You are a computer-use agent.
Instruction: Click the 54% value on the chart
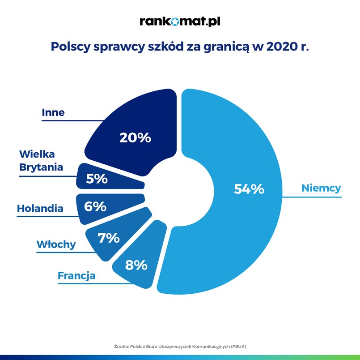pyautogui.click(x=249, y=189)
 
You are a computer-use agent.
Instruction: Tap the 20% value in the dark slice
pyautogui.click(x=135, y=137)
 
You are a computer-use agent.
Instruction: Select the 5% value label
pyautogui.click(x=97, y=179)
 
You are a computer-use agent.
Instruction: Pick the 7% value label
pyautogui.click(x=109, y=238)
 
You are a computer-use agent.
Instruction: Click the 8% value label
pyautogui.click(x=136, y=265)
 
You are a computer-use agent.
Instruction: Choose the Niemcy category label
pyautogui.click(x=321, y=188)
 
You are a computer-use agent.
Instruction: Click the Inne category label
pyautogui.click(x=53, y=112)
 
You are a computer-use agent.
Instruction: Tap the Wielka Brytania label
pyautogui.click(x=41, y=161)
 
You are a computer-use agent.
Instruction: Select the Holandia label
pyautogui.click(x=40, y=208)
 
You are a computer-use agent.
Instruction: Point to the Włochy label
pyautogui.click(x=56, y=244)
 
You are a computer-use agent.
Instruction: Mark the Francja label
pyautogui.click(x=76, y=275)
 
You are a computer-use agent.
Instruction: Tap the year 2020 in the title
pyautogui.click(x=283, y=47)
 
